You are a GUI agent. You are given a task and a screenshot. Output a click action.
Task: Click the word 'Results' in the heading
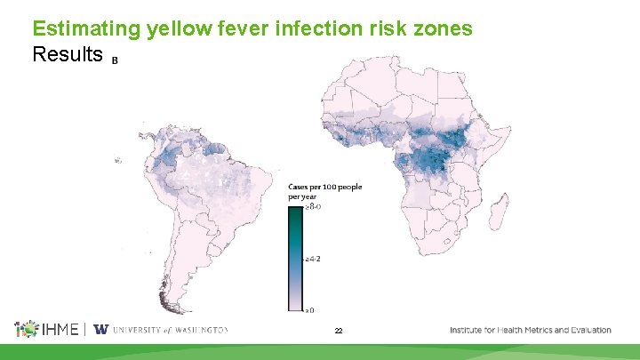pos(68,55)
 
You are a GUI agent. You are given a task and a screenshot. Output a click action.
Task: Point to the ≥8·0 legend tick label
pos(312,206)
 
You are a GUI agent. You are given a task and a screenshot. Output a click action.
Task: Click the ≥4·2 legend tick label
pos(312,259)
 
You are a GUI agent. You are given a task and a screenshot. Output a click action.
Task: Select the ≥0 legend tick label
pos(310,310)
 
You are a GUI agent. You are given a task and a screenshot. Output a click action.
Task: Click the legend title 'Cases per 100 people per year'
pos(324,190)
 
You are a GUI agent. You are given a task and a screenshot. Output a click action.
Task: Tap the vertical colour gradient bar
pos(296,258)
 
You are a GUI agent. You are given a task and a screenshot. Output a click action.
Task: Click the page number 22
pos(339,331)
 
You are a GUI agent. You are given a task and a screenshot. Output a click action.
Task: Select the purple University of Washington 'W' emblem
pos(101,329)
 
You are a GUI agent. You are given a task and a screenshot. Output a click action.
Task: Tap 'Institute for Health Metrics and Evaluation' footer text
pos(530,330)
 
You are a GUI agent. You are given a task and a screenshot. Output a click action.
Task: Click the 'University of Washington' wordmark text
pos(170,330)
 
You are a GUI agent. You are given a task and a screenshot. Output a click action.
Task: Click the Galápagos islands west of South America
pos(118,160)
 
